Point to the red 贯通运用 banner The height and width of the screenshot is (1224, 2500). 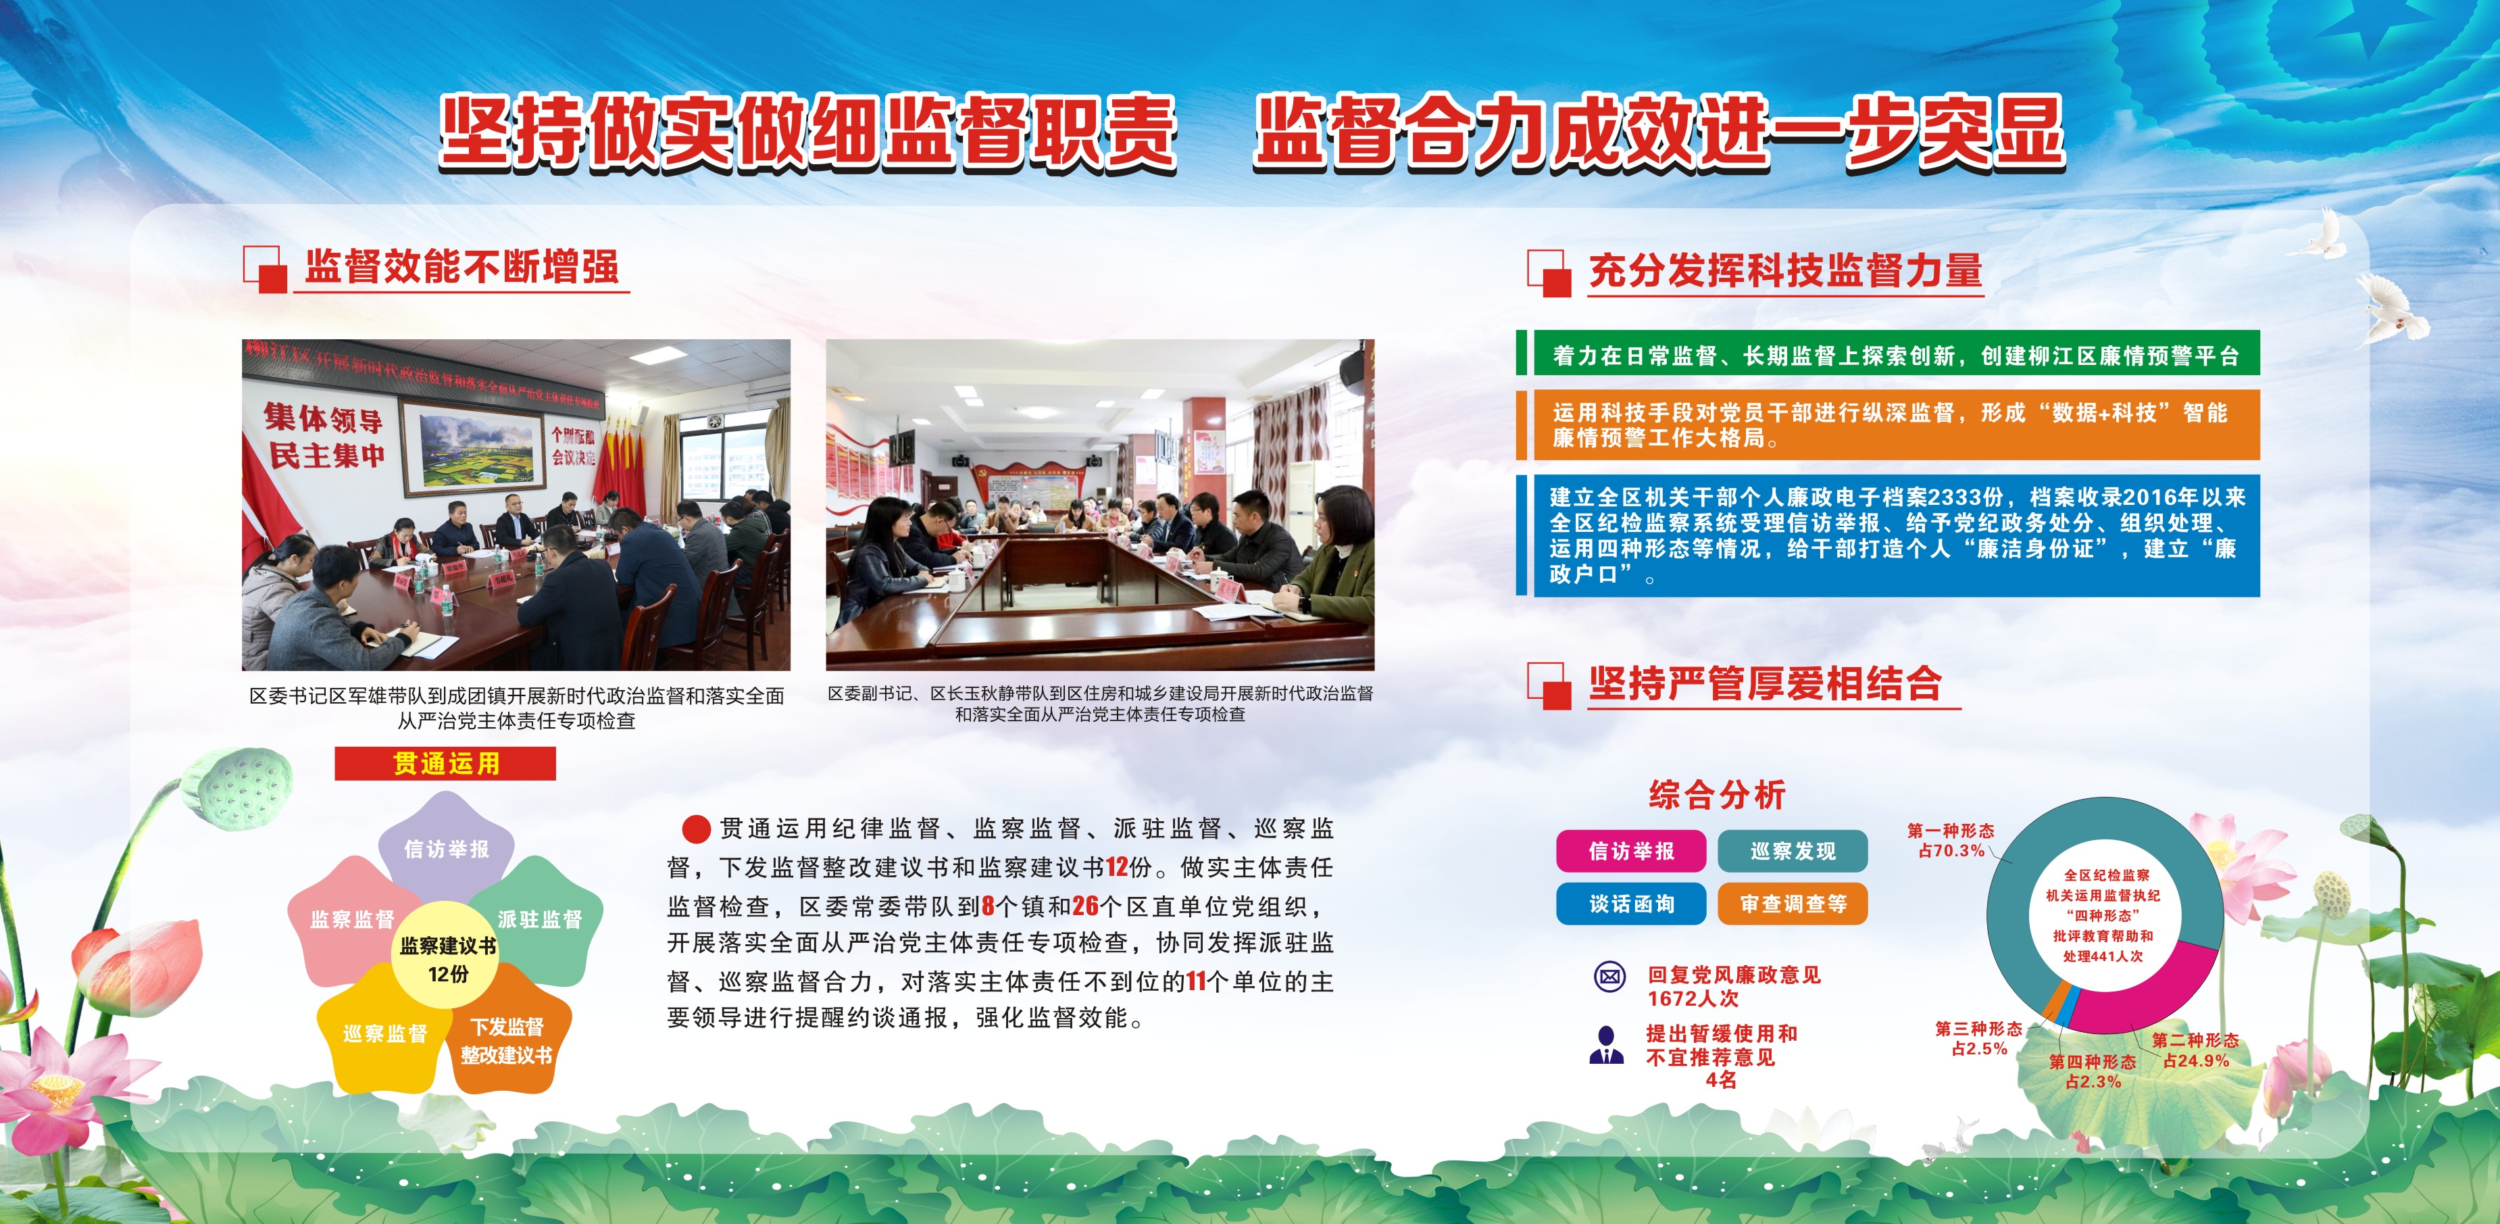(x=445, y=764)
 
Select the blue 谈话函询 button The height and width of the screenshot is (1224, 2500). (x=1631, y=904)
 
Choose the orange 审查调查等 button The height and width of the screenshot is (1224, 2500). (x=1793, y=904)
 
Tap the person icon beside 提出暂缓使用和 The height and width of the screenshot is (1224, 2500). (x=1606, y=1046)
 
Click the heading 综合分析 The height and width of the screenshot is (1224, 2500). (x=1717, y=795)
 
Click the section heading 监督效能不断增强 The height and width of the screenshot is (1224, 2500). (x=462, y=267)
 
